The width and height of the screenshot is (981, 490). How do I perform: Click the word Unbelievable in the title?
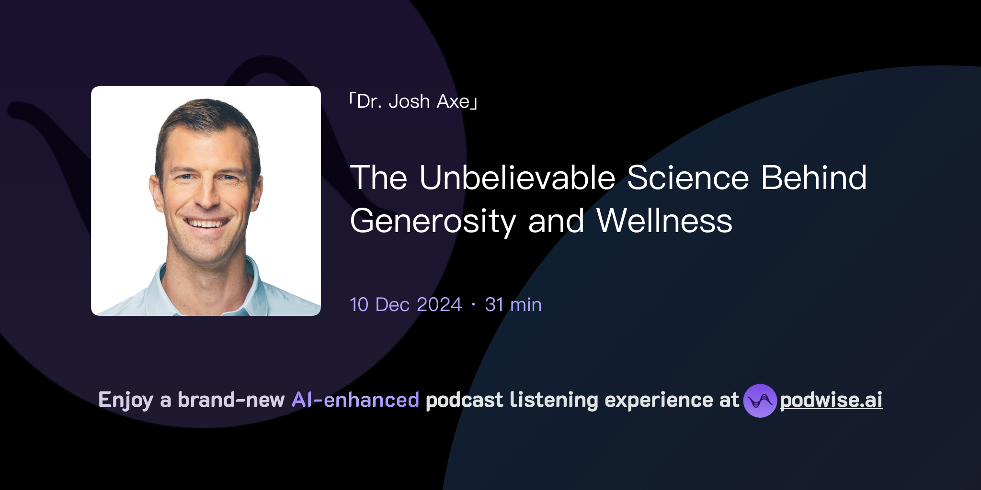point(517,178)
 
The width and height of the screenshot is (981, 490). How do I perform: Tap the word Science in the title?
point(688,178)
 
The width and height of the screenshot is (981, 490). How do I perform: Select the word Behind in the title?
point(814,178)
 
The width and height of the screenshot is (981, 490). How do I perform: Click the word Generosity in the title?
point(433,222)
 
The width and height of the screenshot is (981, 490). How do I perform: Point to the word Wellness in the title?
point(664,221)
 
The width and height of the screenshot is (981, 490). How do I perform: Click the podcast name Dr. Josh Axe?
point(413,101)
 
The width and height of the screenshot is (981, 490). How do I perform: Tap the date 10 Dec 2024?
point(406,305)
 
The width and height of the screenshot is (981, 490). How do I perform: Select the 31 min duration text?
point(513,305)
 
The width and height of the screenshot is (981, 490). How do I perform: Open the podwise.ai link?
point(831,401)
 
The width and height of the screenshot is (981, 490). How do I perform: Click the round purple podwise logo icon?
point(760,401)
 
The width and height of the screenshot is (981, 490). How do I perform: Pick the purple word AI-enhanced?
point(355,400)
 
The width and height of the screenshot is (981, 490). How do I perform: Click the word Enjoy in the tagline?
point(125,401)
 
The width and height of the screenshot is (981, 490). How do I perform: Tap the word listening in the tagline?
point(554,400)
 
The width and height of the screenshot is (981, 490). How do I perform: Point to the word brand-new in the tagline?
point(231,400)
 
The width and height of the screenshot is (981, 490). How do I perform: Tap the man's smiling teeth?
point(206,223)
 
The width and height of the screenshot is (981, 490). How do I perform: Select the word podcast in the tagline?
point(464,400)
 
